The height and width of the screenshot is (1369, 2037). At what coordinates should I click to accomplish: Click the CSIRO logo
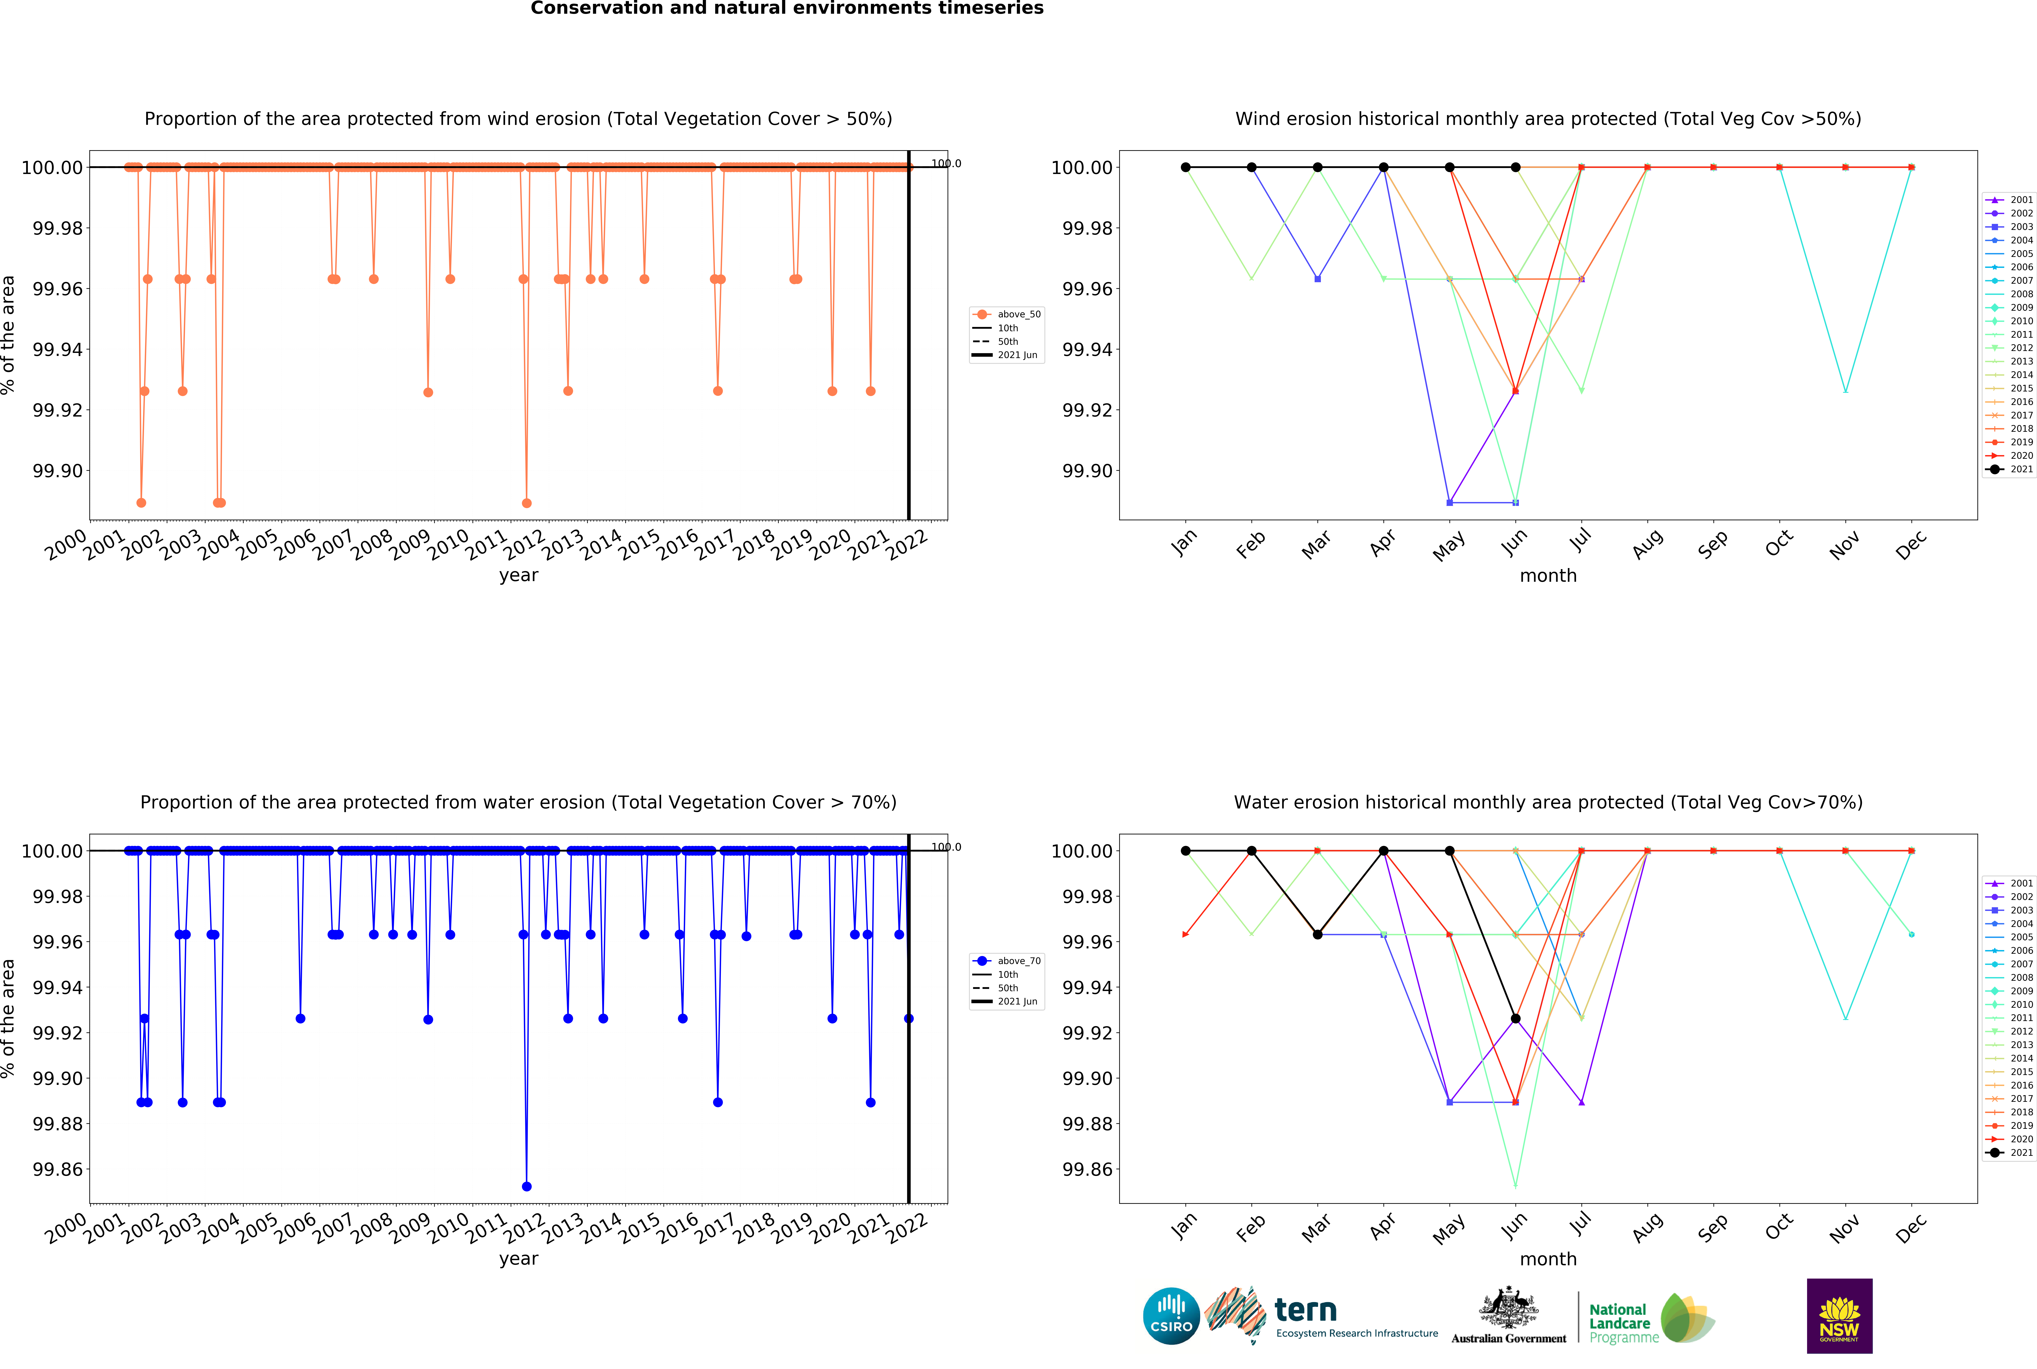click(1171, 1316)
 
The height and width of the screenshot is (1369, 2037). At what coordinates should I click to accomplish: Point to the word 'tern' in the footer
click(1305, 1311)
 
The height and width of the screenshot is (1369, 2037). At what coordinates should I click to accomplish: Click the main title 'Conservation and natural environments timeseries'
click(787, 9)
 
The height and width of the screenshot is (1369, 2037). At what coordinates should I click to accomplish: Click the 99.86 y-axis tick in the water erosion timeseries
click(58, 1169)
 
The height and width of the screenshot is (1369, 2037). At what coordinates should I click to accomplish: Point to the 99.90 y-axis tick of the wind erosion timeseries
click(58, 471)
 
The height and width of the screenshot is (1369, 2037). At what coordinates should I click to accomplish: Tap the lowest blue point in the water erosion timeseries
click(526, 1186)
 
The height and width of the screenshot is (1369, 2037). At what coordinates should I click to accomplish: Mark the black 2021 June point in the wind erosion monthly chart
click(1516, 167)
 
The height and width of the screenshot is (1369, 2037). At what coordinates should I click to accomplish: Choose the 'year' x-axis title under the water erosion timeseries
click(519, 1259)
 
